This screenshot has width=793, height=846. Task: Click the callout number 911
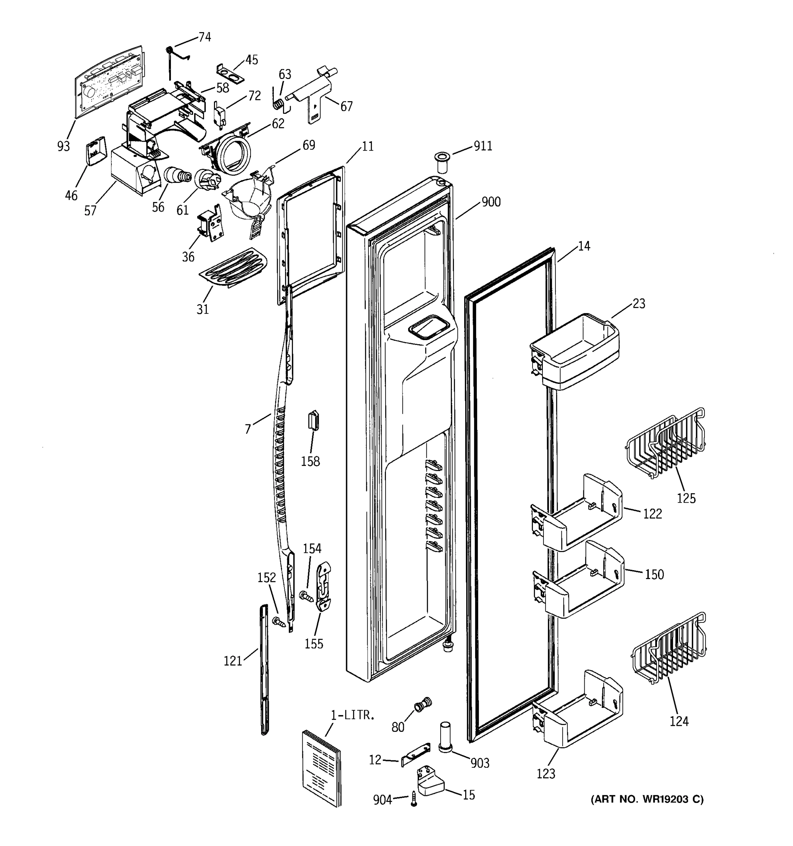tap(483, 146)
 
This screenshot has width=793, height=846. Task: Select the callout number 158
tap(310, 461)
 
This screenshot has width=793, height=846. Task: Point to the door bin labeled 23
tap(575, 353)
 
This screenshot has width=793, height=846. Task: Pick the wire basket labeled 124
tap(669, 649)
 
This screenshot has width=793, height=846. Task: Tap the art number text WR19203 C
tap(647, 799)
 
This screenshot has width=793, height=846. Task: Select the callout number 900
tap(491, 202)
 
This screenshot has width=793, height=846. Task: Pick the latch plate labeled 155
tap(324, 586)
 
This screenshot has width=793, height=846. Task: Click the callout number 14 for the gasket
tap(584, 246)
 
